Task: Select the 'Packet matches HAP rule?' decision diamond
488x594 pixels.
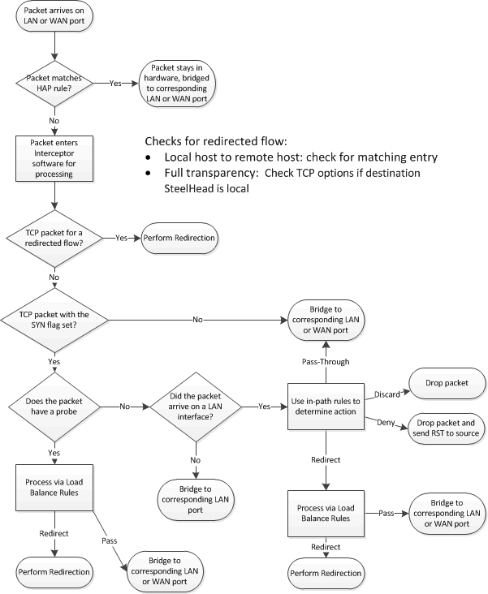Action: point(54,82)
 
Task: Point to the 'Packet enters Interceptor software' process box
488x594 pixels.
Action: point(54,157)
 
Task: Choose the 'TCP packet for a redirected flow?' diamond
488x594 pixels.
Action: point(54,239)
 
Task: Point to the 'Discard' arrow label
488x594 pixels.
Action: point(387,395)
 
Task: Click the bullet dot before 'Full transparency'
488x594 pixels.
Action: point(148,174)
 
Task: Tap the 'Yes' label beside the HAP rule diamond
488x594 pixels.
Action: point(117,83)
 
